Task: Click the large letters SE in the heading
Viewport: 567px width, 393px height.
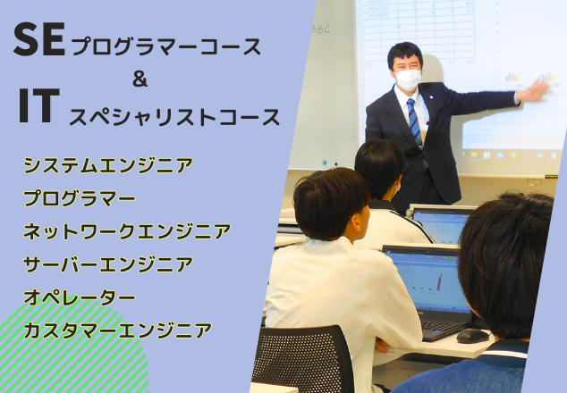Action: tap(39, 39)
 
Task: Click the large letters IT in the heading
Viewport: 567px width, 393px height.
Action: tap(39, 105)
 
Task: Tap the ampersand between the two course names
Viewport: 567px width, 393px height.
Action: tap(140, 79)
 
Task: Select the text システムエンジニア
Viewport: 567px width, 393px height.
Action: tap(107, 165)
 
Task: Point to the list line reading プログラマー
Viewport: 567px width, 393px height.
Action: tap(80, 198)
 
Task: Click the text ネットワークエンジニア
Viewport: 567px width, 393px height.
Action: tap(127, 231)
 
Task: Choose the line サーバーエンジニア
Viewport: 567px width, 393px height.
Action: tap(107, 264)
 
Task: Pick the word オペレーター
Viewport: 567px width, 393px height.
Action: tap(80, 297)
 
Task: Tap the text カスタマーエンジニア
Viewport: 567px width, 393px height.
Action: tap(117, 330)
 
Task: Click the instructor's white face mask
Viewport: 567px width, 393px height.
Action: tap(407, 79)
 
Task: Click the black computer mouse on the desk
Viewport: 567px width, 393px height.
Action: tap(472, 336)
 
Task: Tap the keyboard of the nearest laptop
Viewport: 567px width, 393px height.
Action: tap(444, 327)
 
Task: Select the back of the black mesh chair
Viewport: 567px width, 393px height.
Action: tap(303, 357)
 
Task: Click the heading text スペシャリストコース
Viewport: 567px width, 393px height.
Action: tap(174, 116)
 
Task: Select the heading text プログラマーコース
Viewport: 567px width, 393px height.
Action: tap(166, 47)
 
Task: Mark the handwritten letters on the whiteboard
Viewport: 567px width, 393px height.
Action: tap(321, 29)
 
